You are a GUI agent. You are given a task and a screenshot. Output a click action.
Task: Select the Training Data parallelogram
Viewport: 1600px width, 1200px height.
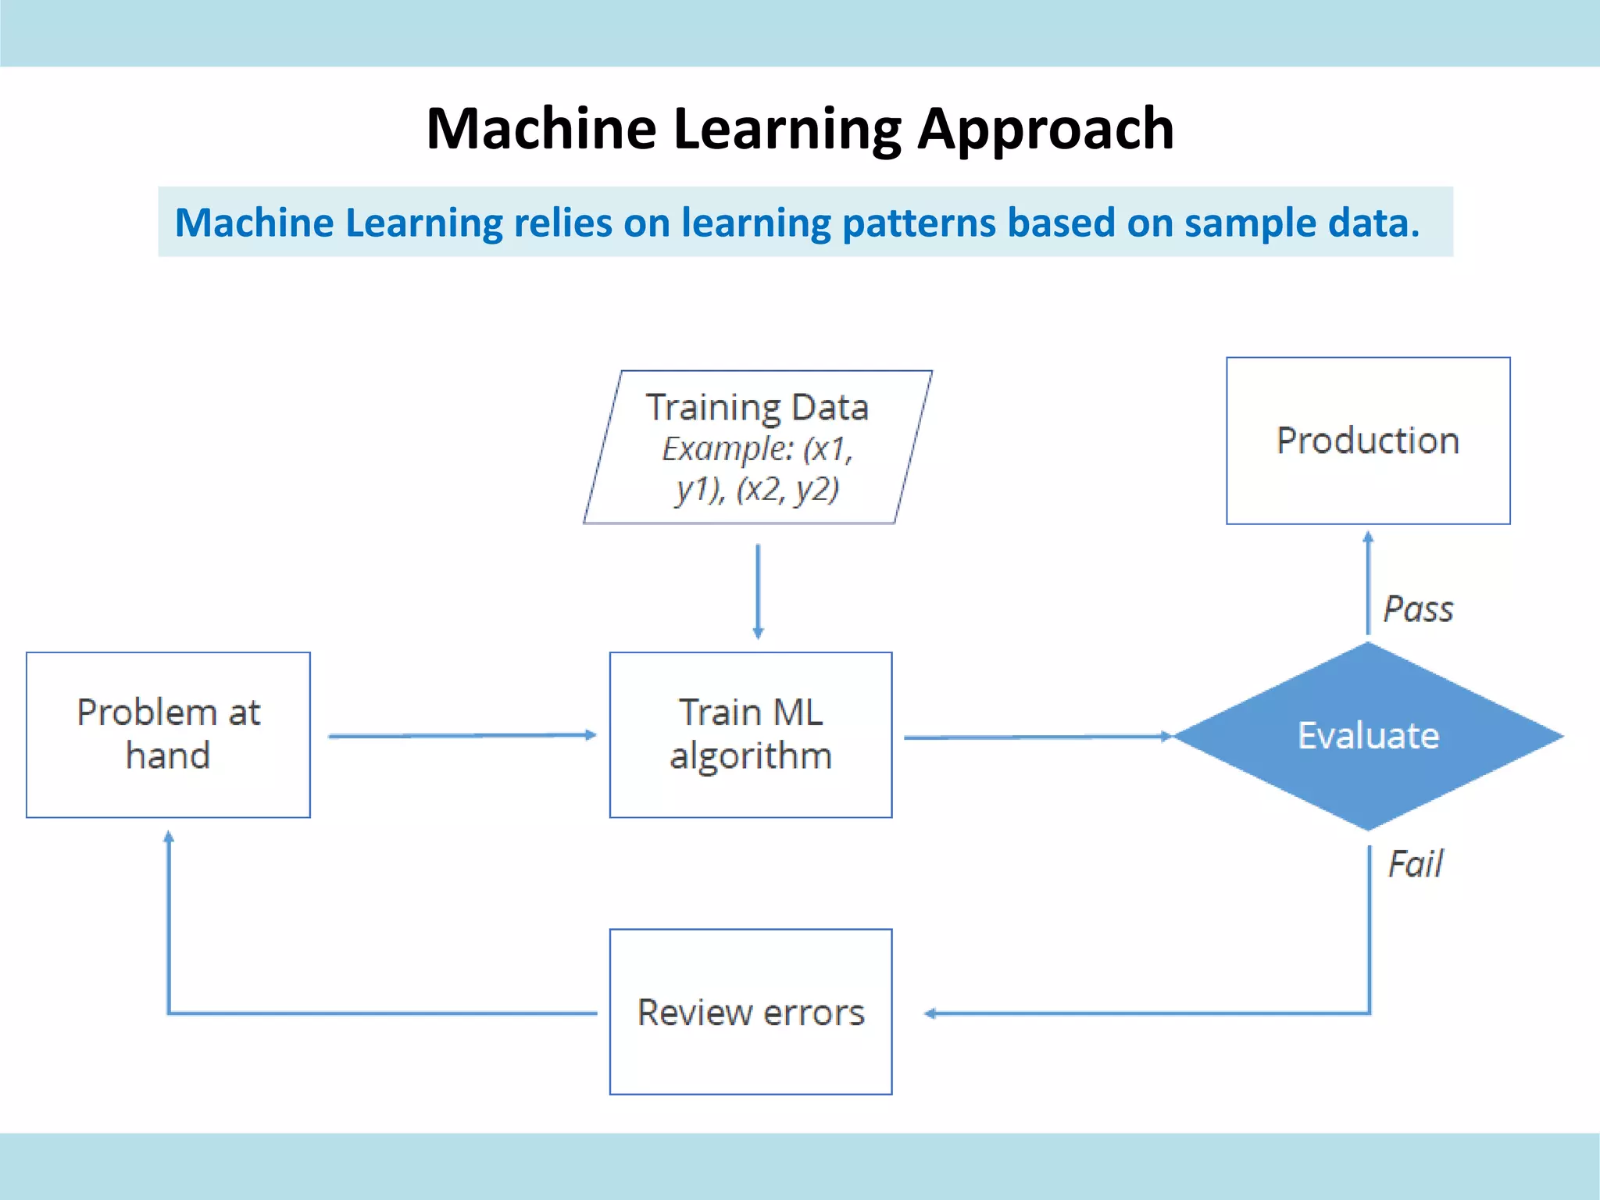pyautogui.click(x=757, y=447)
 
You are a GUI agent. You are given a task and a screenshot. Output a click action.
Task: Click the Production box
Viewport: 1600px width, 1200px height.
pyautogui.click(x=1367, y=441)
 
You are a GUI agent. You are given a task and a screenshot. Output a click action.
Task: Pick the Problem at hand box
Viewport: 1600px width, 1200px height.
pyautogui.click(x=168, y=734)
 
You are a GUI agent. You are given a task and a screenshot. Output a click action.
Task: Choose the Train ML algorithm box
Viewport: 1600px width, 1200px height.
pyautogui.click(x=750, y=734)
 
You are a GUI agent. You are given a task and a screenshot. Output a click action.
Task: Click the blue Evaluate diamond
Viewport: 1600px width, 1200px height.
pyautogui.click(x=1368, y=736)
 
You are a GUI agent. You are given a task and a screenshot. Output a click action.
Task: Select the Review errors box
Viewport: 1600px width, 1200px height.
pyautogui.click(x=750, y=1012)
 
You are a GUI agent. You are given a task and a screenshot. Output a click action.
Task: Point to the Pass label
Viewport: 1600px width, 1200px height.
pyautogui.click(x=1418, y=609)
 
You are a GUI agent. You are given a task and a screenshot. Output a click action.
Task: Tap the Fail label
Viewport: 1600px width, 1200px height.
pyautogui.click(x=1415, y=864)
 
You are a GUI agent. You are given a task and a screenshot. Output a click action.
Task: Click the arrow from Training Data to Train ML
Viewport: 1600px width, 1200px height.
pyautogui.click(x=758, y=591)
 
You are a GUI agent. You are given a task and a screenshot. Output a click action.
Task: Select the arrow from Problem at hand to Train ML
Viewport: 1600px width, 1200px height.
pyautogui.click(x=461, y=735)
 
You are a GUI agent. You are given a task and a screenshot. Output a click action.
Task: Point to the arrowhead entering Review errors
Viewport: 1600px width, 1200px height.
pyautogui.click(x=930, y=1013)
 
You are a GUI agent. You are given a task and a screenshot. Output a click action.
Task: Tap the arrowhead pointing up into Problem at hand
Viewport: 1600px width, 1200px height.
pyautogui.click(x=169, y=837)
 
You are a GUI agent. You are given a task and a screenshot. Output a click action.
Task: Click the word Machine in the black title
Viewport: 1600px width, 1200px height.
pyautogui.click(x=541, y=129)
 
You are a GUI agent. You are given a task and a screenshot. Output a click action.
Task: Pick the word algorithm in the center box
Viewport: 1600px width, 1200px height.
pyautogui.click(x=750, y=756)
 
